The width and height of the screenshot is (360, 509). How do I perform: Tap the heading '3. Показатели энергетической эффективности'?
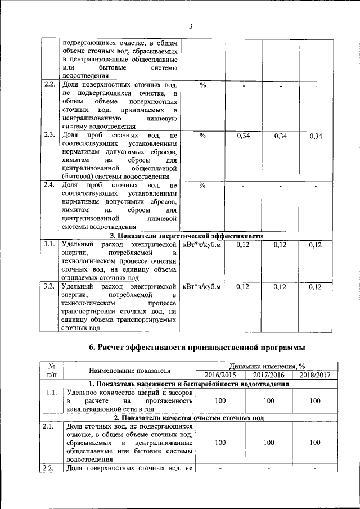pos(186,236)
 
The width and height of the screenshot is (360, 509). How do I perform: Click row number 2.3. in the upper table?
pos(49,135)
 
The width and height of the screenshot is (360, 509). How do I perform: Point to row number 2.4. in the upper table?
pos(49,184)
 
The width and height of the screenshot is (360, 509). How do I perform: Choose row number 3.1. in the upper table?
pos(49,244)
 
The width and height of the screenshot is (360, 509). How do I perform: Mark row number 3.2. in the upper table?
pos(49,286)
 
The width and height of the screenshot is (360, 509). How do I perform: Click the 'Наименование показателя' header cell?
pos(129,370)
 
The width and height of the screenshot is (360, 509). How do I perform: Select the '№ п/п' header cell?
pos(51,370)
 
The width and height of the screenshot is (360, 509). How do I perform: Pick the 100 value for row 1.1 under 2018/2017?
pos(315,400)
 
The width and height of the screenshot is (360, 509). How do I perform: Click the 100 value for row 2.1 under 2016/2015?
pos(220,443)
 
